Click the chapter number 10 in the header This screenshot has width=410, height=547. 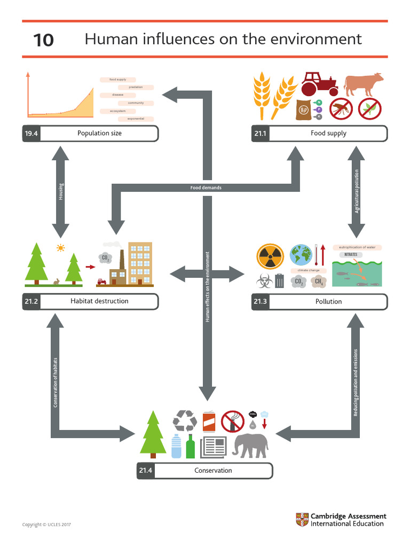pos(43,40)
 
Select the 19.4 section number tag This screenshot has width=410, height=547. pos(31,134)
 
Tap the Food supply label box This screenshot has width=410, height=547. pos(328,134)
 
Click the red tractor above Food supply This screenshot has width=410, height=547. pos(319,84)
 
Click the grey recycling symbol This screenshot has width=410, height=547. pos(185,421)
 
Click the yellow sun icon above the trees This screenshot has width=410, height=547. pos(60,248)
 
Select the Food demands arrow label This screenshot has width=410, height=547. pos(206,188)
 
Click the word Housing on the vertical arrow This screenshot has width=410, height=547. pos(61,192)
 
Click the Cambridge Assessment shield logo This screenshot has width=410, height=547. pos(302,520)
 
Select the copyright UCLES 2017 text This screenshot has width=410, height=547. pos(46,525)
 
